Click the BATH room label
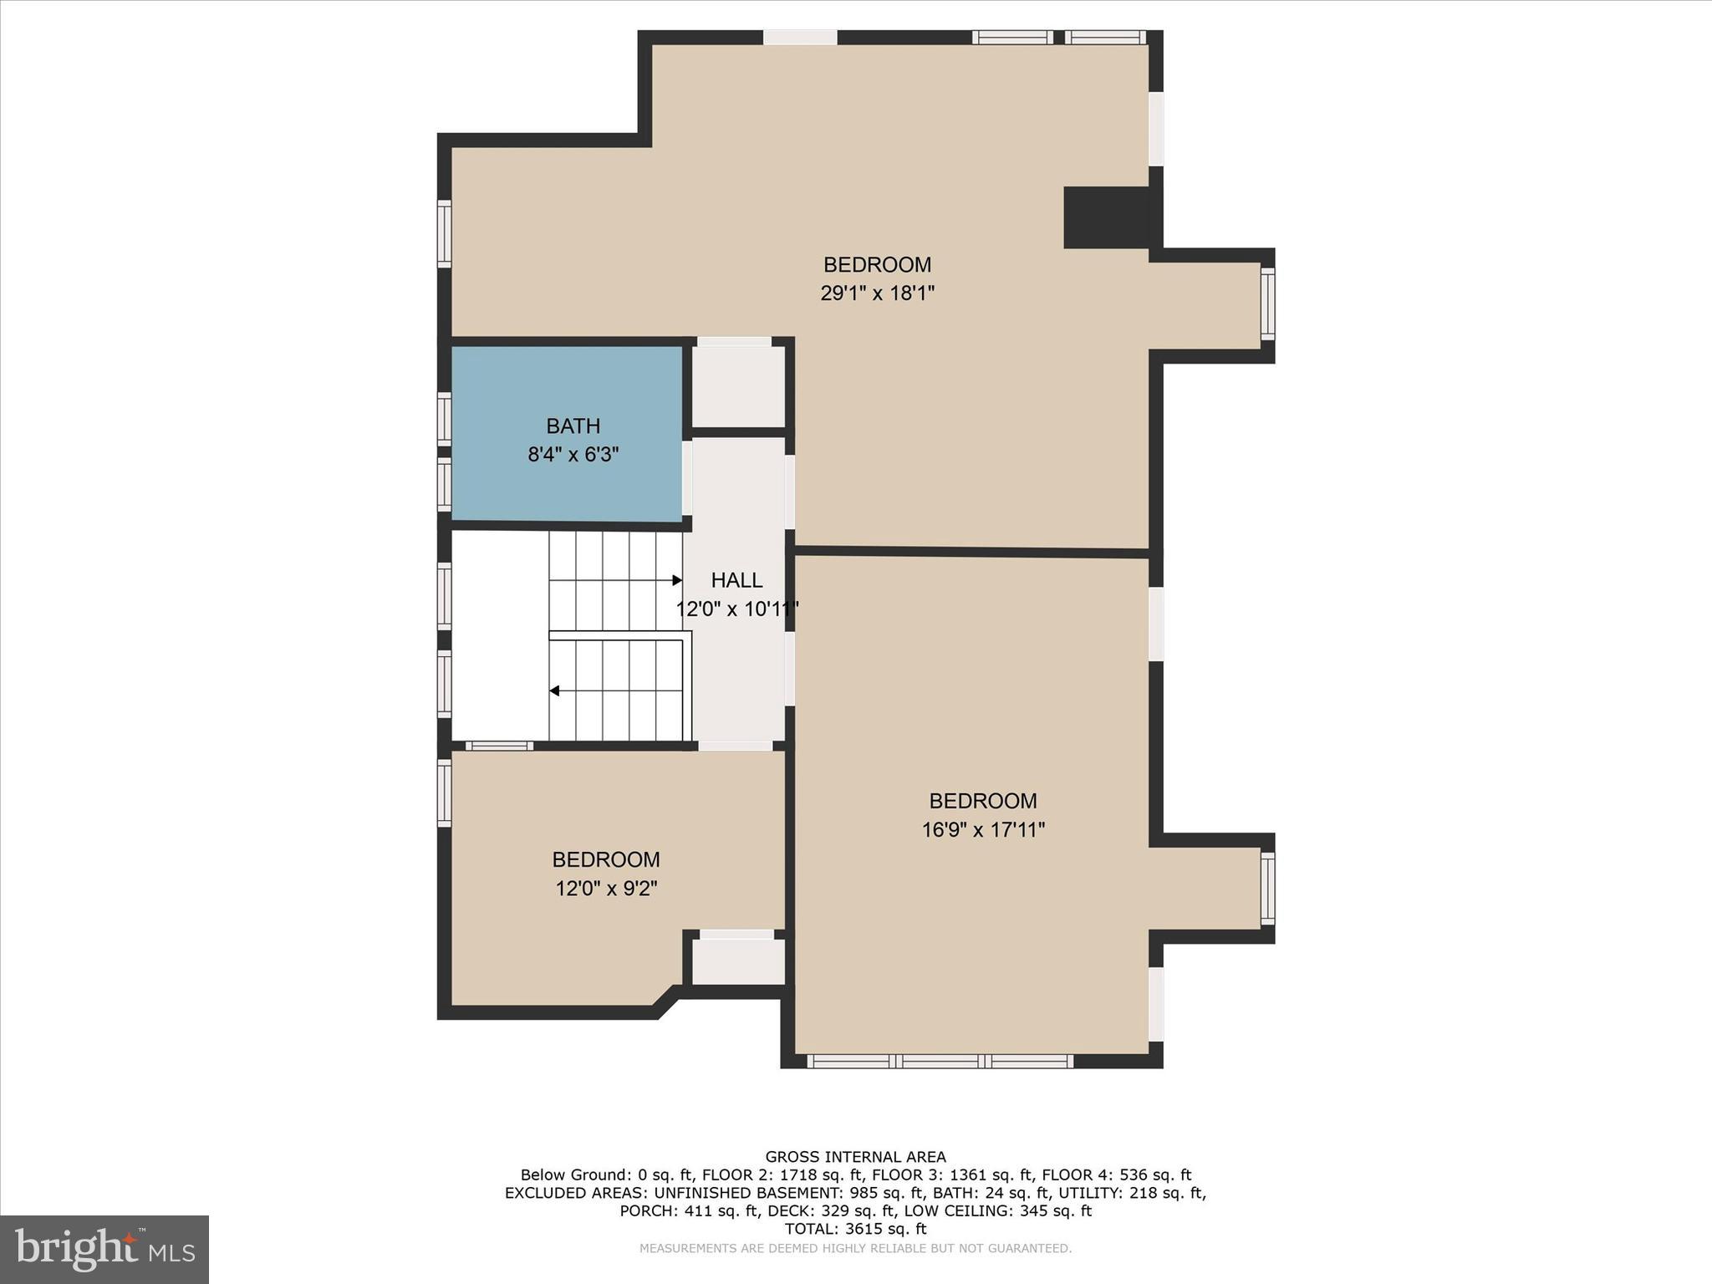573,426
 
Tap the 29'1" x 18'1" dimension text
877,293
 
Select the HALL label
736,580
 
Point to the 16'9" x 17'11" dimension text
983,830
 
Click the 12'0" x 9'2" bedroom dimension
606,889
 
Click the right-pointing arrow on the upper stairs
676,580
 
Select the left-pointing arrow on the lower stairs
554,690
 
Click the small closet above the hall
738,386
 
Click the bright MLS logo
104,1250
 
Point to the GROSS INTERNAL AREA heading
855,1157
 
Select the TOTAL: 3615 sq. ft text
855,1229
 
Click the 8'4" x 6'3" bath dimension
573,456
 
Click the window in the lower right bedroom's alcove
1267,888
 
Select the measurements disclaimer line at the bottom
855,1249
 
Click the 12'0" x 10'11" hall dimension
736,609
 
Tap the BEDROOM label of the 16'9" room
983,801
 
